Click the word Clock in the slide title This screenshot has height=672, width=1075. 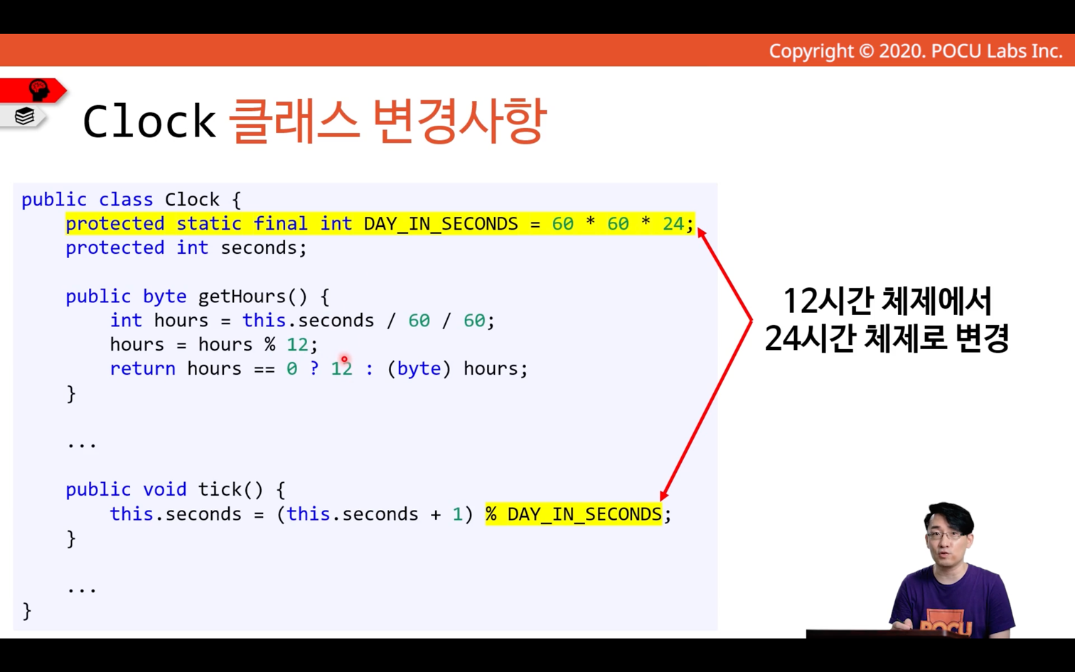pyautogui.click(x=149, y=121)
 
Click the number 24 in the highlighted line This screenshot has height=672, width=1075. pyautogui.click(x=673, y=224)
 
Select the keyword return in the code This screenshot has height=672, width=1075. pyautogui.click(x=142, y=368)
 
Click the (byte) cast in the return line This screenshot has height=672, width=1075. pyautogui.click(x=419, y=368)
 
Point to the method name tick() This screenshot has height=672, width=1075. pyautogui.click(x=230, y=489)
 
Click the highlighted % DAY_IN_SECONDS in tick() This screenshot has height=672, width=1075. pyautogui.click(x=574, y=514)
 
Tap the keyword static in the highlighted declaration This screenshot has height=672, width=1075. pyautogui.click(x=209, y=224)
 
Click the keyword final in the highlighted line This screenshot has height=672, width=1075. pyautogui.click(x=280, y=224)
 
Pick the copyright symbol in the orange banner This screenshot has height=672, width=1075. pyautogui.click(x=866, y=51)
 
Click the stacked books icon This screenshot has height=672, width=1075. pyautogui.click(x=24, y=116)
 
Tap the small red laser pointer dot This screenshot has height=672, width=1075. pyautogui.click(x=344, y=359)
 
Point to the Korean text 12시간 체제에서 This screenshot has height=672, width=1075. pyautogui.click(x=887, y=302)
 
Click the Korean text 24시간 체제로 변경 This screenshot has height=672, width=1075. pyautogui.click(x=887, y=338)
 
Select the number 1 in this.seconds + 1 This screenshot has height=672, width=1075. pyautogui.click(x=457, y=514)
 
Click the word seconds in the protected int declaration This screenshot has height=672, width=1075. pyautogui.click(x=259, y=248)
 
